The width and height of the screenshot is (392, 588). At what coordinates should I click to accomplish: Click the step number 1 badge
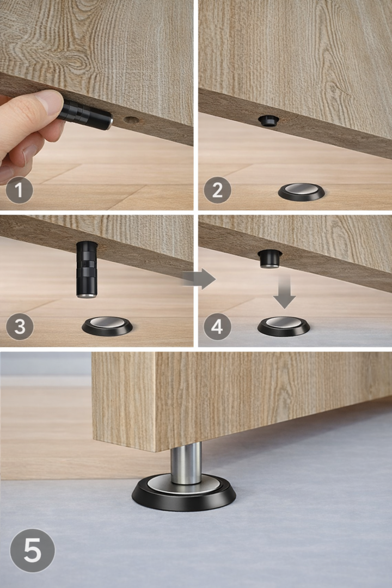tap(19, 190)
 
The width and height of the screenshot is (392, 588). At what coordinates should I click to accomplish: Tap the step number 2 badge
tap(217, 190)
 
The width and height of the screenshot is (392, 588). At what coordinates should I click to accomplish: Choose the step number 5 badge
tap(32, 550)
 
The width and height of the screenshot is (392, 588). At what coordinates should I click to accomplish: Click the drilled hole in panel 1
tap(131, 121)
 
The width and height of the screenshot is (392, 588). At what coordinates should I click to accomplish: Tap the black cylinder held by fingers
tap(85, 114)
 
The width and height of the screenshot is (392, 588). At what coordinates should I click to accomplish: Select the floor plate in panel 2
tap(301, 192)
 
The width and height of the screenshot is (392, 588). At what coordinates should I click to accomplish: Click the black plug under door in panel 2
tap(269, 120)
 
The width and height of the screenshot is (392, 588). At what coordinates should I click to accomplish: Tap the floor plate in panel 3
tap(107, 326)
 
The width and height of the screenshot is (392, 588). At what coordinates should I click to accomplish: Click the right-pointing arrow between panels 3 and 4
tap(199, 279)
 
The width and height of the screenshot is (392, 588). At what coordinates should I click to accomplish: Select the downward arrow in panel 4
tap(284, 291)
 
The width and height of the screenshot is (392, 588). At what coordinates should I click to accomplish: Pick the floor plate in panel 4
tap(284, 326)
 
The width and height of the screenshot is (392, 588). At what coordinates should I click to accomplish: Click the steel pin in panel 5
tap(186, 463)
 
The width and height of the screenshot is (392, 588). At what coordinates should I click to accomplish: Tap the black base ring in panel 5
tap(184, 503)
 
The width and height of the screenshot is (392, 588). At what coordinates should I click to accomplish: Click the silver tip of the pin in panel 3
tap(87, 296)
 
